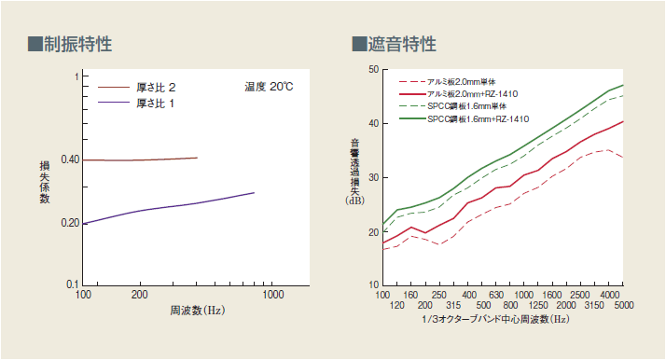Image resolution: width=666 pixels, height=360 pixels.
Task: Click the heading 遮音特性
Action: point(394,44)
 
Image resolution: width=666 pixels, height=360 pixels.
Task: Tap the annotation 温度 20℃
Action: point(269,86)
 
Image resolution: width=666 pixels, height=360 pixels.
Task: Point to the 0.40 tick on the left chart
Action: point(71,159)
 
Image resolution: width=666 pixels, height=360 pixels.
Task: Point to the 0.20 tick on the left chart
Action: point(71,222)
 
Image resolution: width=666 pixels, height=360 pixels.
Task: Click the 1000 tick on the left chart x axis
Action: point(272,295)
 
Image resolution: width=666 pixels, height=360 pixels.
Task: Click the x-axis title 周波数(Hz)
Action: point(197,310)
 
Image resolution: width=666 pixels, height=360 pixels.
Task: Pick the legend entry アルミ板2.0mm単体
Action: point(464,82)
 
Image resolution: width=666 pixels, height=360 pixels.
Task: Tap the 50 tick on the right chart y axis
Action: point(372,69)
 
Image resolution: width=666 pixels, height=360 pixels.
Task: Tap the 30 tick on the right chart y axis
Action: point(372,177)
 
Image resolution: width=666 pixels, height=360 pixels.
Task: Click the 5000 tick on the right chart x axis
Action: point(623,305)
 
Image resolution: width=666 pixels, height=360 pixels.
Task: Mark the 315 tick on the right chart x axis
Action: point(453,305)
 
